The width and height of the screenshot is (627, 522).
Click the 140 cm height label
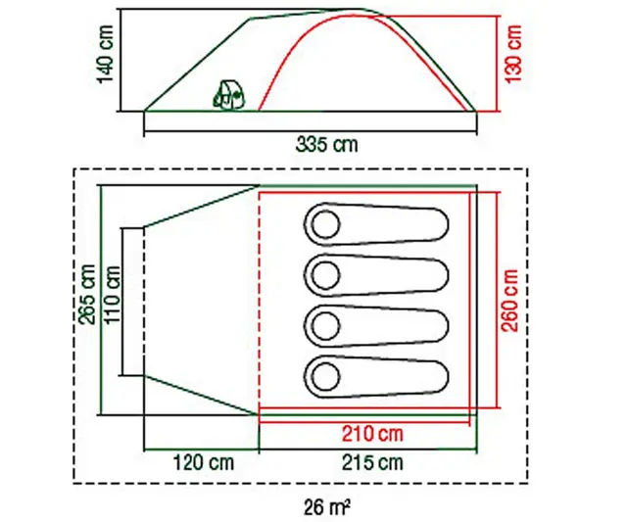tap(107, 54)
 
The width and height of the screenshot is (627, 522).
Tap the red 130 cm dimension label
tap(514, 54)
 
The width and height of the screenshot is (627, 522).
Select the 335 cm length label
tap(326, 144)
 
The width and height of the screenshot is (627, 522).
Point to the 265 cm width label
tap(87, 294)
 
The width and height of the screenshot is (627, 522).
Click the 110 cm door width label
tap(113, 295)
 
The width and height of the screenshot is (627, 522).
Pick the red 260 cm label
tap(509, 301)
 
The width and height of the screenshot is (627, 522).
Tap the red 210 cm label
tap(372, 434)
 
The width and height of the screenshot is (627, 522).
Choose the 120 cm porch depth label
tap(203, 463)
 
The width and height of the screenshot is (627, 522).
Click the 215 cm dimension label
tap(372, 463)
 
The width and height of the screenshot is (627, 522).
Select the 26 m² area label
tap(326, 508)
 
